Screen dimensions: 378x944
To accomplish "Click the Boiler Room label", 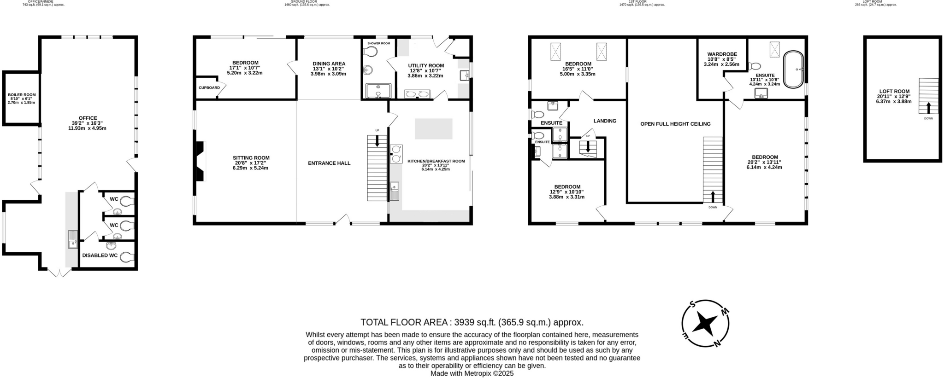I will (x=22, y=95).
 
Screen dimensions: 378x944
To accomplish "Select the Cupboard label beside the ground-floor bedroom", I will (x=209, y=87).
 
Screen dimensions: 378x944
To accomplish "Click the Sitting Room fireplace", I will (x=200, y=161).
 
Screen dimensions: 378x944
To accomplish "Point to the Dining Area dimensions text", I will (x=328, y=71).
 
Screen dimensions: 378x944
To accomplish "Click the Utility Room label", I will (x=425, y=66).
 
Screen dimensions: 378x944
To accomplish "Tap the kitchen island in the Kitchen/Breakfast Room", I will (x=433, y=129).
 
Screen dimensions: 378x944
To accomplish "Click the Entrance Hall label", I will (x=329, y=163).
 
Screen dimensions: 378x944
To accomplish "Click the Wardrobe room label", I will (x=722, y=54).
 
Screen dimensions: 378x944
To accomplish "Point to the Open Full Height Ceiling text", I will (x=675, y=124).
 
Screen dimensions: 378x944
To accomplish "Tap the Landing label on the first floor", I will (x=605, y=121).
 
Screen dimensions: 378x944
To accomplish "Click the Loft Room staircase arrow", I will (x=928, y=108).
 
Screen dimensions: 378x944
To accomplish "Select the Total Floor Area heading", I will (x=472, y=322).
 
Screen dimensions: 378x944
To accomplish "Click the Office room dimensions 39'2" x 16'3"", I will (x=87, y=123).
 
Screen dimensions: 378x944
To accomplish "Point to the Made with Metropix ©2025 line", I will (x=472, y=373).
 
